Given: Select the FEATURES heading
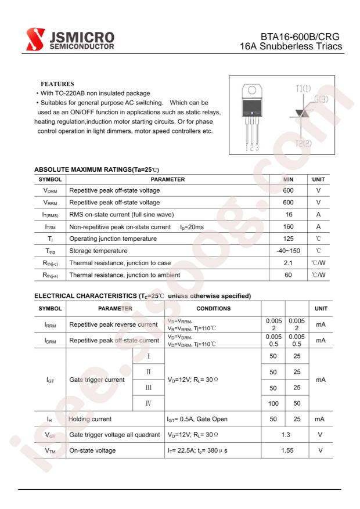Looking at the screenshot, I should [57, 84].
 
